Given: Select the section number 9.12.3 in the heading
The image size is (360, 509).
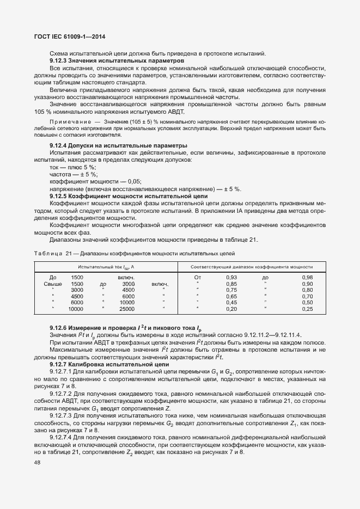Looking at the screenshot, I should (x=59, y=61).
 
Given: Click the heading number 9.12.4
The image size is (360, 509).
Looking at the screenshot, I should (x=59, y=146).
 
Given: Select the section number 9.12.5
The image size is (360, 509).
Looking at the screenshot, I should (x=59, y=195).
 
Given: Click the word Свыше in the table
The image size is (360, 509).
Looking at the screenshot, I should (x=53, y=284).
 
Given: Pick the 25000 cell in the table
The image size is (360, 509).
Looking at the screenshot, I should (x=127, y=309).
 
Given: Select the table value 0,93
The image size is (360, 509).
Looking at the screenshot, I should (x=231, y=278).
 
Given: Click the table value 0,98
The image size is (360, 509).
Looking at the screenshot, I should (x=307, y=278).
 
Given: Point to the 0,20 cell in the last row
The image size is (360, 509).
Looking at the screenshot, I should (x=231, y=309).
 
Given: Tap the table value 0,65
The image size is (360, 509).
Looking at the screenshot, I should (x=231, y=297).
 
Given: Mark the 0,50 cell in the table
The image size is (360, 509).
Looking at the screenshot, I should (x=307, y=303).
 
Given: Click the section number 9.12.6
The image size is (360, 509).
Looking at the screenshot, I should (x=59, y=328).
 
